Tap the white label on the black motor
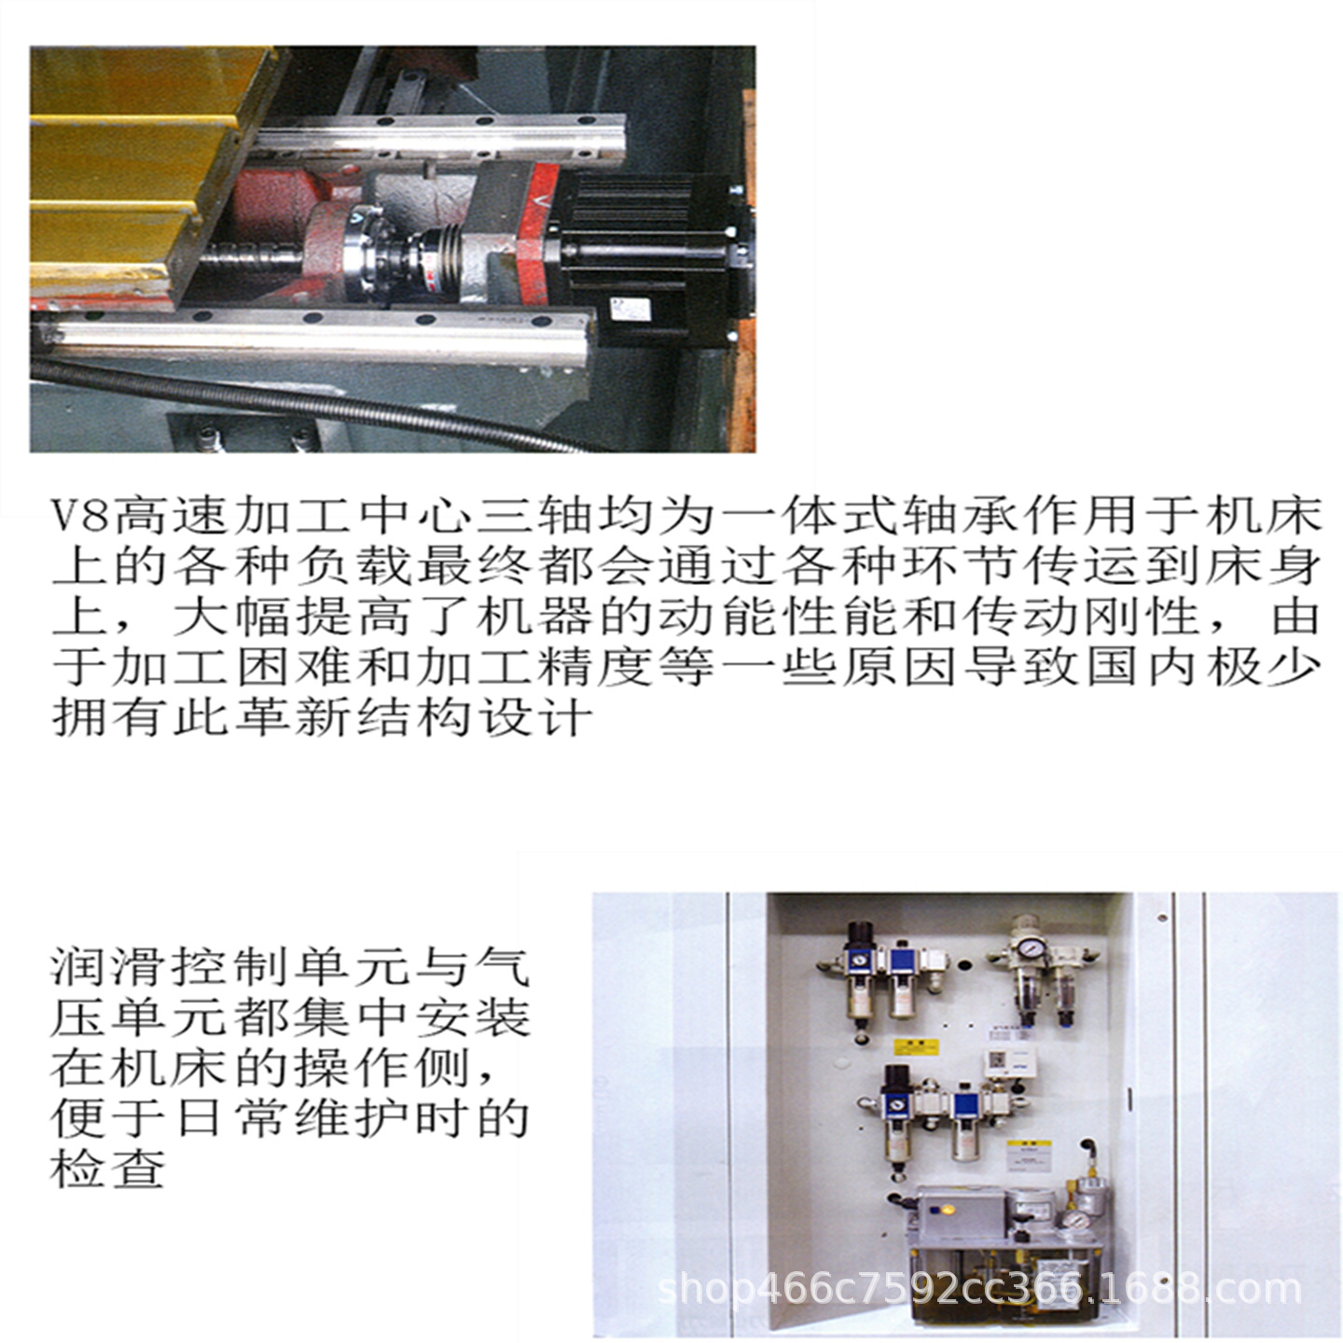coord(617,309)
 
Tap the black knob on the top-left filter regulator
coord(860,934)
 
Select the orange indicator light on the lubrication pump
coord(948,1211)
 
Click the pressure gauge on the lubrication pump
coord(1079,1221)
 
